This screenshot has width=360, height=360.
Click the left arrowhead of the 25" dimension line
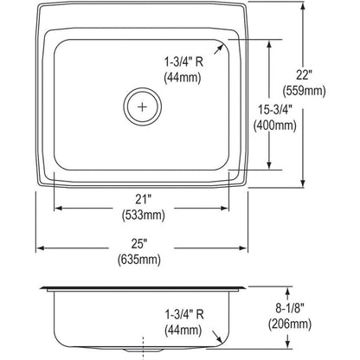tap(39, 249)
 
